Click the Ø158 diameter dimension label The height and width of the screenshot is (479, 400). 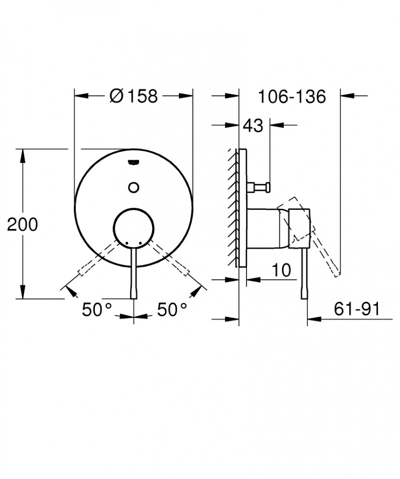(x=133, y=95)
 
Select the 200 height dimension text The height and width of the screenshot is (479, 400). (x=22, y=225)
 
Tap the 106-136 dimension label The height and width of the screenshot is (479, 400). (x=292, y=95)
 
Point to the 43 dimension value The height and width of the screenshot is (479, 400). (x=252, y=125)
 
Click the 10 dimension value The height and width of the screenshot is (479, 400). (x=282, y=270)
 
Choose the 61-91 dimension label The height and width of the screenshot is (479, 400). (x=356, y=310)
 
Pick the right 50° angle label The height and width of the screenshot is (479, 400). (x=171, y=310)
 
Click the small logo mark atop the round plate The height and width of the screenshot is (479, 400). (x=133, y=161)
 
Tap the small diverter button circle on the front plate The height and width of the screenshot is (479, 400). (x=133, y=187)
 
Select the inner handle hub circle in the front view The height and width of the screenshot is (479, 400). (x=133, y=228)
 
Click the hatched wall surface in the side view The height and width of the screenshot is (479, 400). (x=233, y=207)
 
